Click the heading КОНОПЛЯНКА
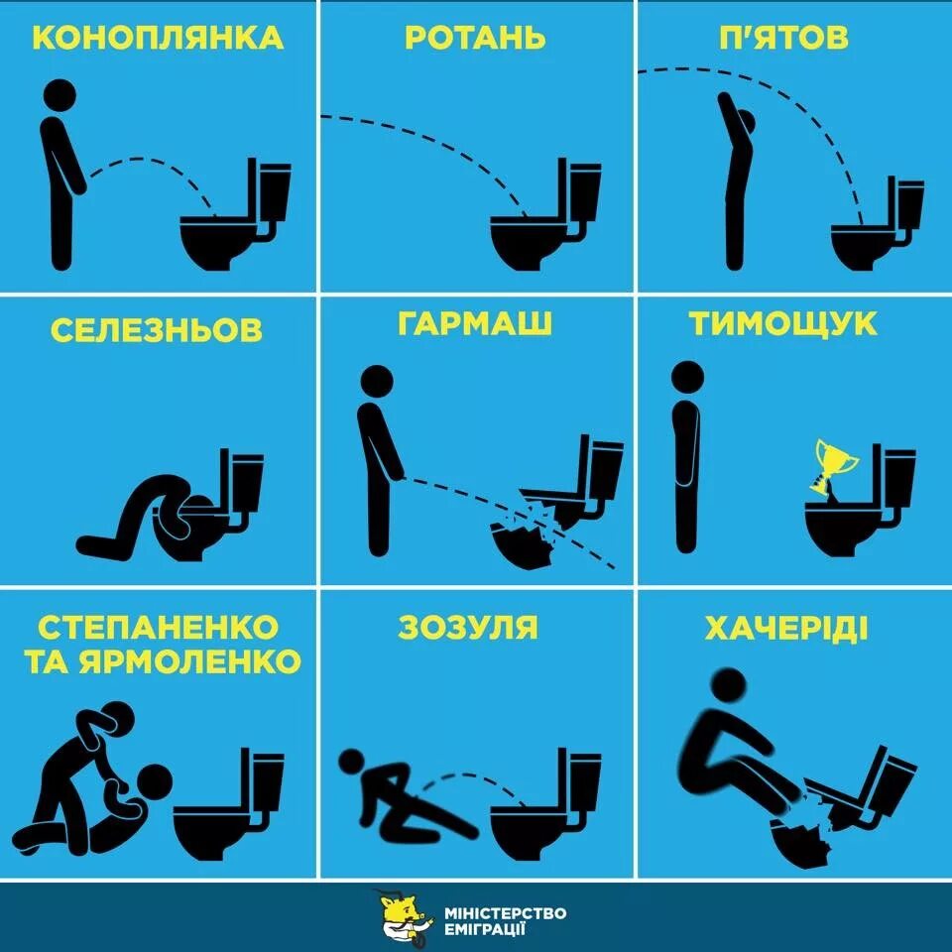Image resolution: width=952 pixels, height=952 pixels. (x=158, y=39)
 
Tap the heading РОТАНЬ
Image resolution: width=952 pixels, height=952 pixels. (x=475, y=39)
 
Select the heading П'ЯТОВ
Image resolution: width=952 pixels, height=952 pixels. (x=783, y=39)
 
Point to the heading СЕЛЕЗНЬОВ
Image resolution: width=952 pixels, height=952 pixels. (x=157, y=329)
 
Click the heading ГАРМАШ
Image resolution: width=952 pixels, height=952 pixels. (x=475, y=323)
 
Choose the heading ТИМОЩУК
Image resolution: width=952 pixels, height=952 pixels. (x=783, y=323)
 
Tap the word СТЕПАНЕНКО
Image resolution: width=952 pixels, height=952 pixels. (x=159, y=627)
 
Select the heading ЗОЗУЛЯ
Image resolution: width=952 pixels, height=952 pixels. (x=468, y=627)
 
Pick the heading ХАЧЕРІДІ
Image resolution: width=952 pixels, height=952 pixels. (x=786, y=628)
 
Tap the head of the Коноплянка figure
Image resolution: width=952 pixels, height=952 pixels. (x=60, y=95)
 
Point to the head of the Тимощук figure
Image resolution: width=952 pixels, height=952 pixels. (x=687, y=377)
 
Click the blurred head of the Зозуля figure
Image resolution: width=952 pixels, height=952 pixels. (x=352, y=762)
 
